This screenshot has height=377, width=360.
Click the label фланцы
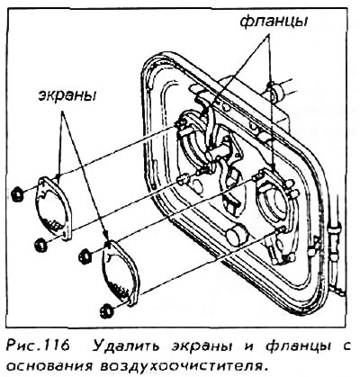click(x=274, y=22)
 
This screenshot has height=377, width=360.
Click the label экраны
click(x=66, y=96)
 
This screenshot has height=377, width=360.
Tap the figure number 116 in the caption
click(x=58, y=346)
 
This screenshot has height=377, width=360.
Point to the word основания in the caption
click(x=49, y=366)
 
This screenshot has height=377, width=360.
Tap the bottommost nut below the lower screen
click(x=107, y=310)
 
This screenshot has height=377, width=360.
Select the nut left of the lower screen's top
click(x=85, y=256)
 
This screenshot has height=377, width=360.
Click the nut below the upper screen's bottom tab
click(x=41, y=244)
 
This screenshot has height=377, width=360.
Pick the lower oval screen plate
click(x=120, y=273)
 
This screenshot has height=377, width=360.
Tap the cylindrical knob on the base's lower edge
click(x=237, y=236)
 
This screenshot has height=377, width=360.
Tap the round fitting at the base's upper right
click(x=274, y=91)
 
